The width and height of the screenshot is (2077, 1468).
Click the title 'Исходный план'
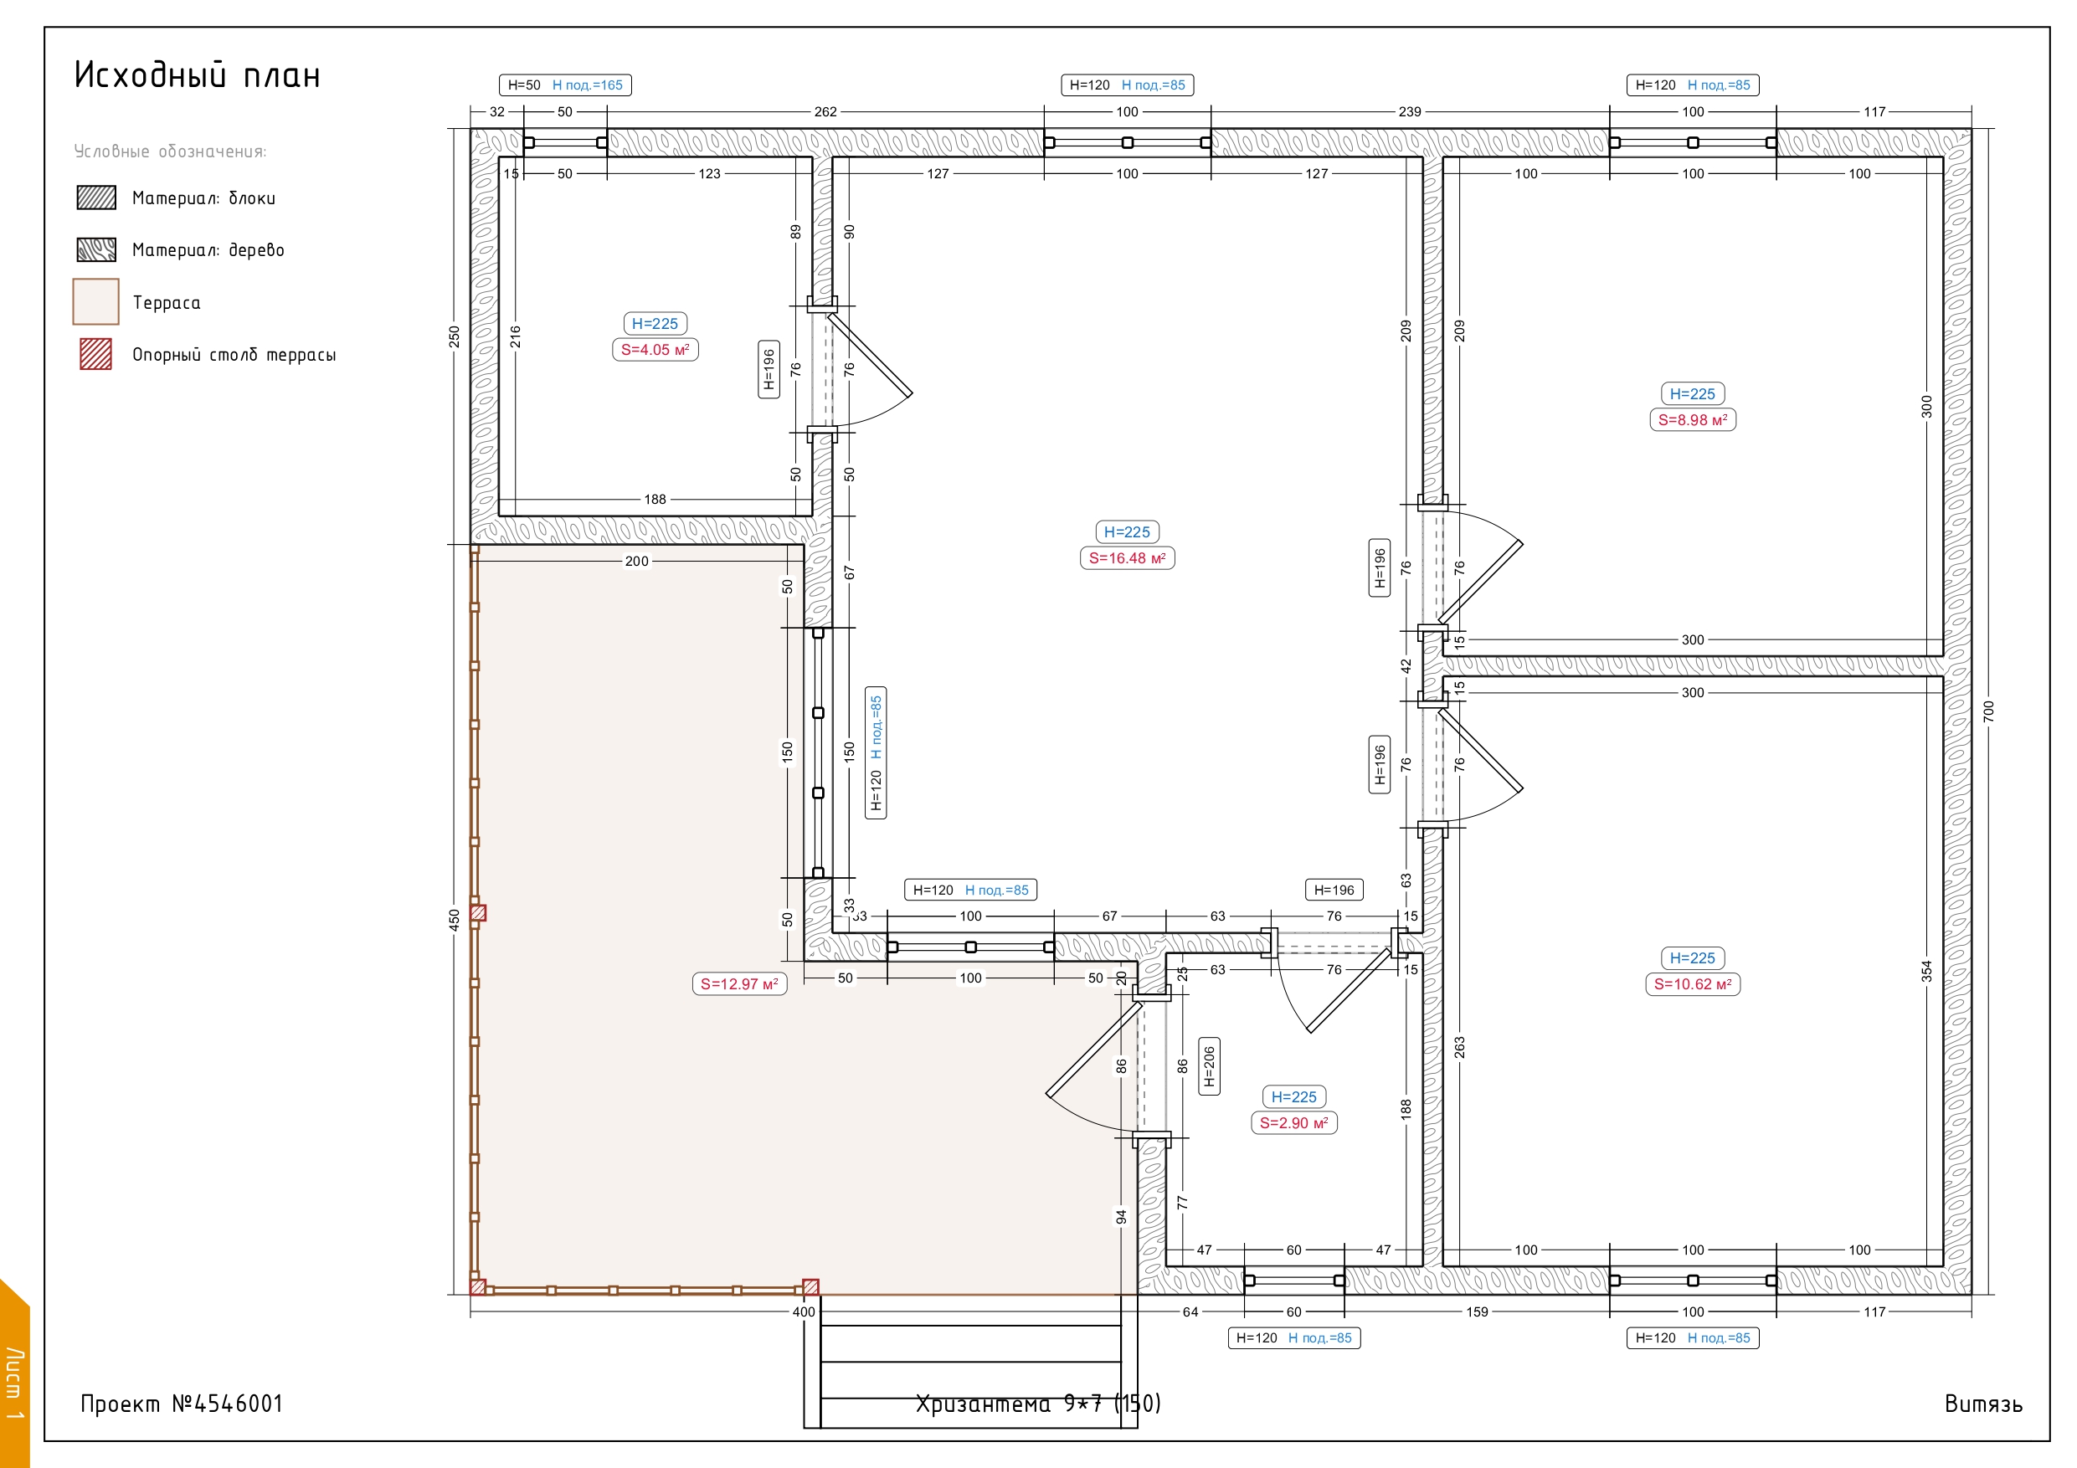coord(198,75)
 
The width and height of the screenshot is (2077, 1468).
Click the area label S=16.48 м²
coord(1127,558)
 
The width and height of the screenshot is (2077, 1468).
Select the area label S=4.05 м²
coord(655,350)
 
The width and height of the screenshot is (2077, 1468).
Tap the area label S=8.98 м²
coord(1693,419)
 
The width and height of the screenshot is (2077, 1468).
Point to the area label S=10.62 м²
coord(1693,984)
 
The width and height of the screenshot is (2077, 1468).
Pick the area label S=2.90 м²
coord(1293,1123)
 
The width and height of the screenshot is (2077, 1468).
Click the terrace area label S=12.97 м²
coord(739,984)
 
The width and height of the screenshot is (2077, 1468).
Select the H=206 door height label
coord(1209,1066)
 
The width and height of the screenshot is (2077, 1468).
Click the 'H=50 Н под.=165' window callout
coord(565,85)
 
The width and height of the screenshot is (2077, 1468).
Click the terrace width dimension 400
coord(804,1312)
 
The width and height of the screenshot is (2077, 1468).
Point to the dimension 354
coord(1927,972)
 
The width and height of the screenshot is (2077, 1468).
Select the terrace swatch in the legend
coord(96,301)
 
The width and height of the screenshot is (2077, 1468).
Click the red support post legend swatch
coord(96,354)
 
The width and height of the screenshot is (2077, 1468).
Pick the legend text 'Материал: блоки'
coord(203,198)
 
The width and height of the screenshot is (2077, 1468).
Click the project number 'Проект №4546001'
coord(182,1404)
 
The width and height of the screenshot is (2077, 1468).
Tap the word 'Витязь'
coord(1984,1404)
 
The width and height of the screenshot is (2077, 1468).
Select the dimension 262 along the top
coord(825,112)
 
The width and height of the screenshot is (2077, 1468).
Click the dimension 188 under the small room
coord(655,500)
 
